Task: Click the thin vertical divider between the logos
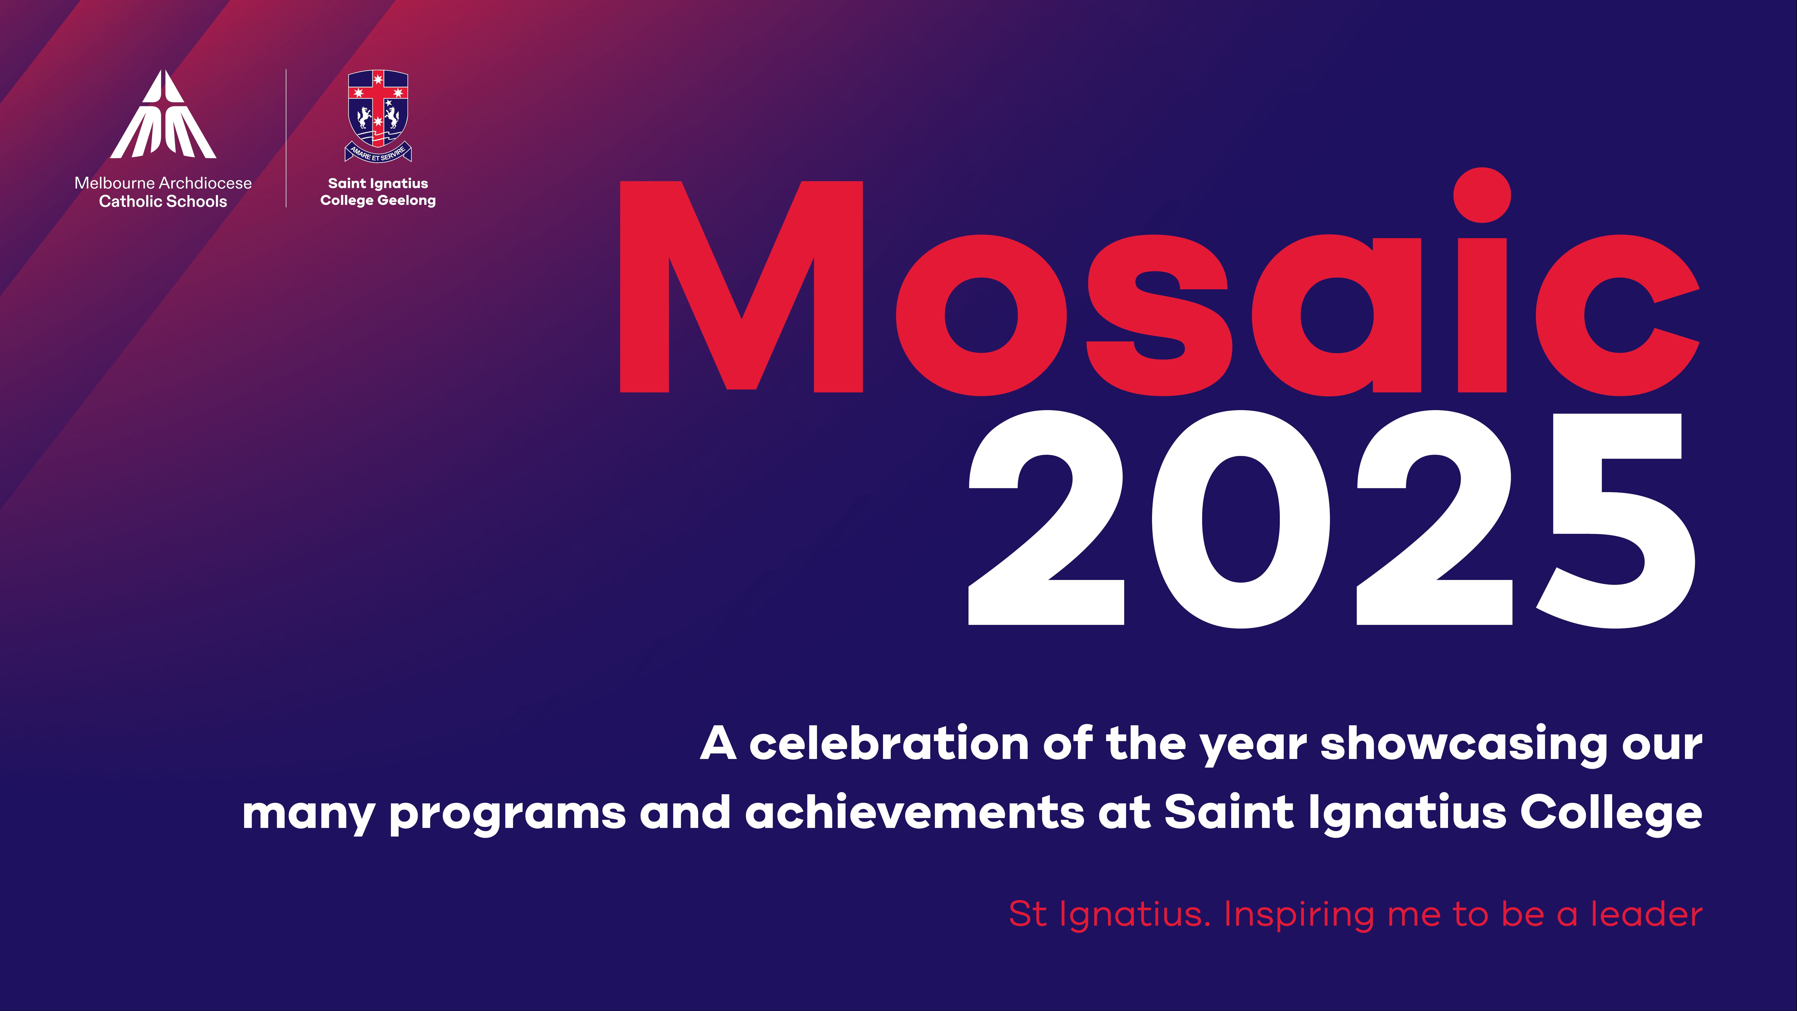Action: click(x=286, y=138)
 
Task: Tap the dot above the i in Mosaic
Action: click(x=1482, y=195)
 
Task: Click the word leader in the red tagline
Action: click(x=1646, y=914)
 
